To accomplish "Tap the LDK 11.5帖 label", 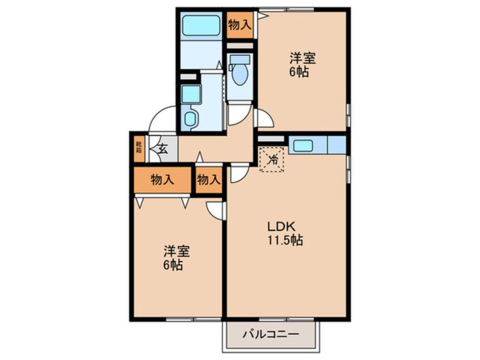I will (x=285, y=232).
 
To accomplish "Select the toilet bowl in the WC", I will (x=240, y=76).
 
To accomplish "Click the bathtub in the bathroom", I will (x=201, y=25).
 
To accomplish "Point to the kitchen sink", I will (x=303, y=145).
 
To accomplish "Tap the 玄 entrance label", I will (x=162, y=150).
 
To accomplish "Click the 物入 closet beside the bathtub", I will (x=239, y=24).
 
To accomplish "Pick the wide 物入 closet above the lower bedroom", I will (x=162, y=180).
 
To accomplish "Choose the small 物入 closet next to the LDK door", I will (x=208, y=180).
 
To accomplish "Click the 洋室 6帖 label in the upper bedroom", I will (x=302, y=65).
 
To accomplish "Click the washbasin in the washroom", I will (x=191, y=119).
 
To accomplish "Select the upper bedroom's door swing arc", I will (x=263, y=118).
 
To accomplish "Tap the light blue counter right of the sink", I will (x=336, y=145).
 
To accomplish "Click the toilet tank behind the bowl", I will (x=239, y=60).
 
